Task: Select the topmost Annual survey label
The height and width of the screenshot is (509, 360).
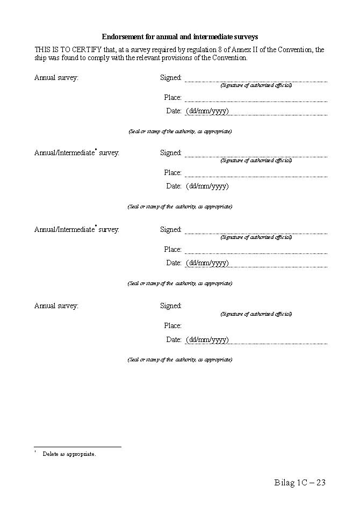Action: point(56,78)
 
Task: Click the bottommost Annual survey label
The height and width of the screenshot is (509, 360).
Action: point(56,306)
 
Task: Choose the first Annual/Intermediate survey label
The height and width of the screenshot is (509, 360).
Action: point(77,153)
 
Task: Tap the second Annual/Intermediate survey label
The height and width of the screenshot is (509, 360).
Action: point(77,230)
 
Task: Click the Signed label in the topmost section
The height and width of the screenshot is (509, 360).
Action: point(171,78)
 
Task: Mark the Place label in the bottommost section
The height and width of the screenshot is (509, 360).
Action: point(173,326)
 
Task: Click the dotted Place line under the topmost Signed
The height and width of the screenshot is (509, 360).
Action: point(256,101)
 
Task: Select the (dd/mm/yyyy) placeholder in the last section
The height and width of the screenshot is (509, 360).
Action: point(207,340)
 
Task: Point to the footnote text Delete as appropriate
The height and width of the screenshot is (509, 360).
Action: point(69,454)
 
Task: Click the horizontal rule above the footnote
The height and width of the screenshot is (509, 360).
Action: point(77,447)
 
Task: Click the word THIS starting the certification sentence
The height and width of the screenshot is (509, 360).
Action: point(43,50)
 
